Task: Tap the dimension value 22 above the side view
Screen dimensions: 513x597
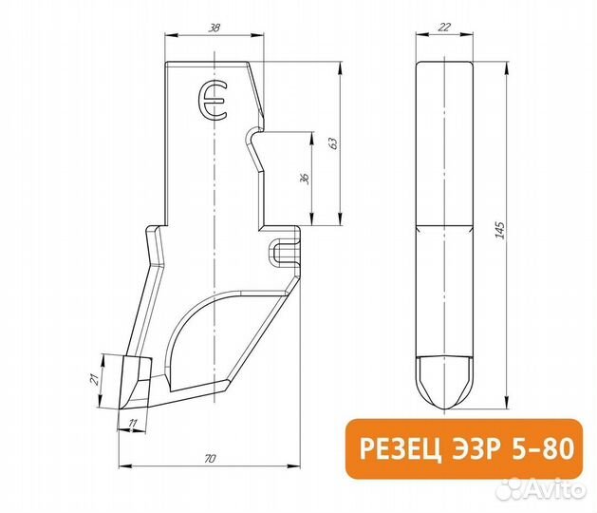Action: point(445,28)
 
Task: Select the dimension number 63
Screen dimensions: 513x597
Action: point(331,142)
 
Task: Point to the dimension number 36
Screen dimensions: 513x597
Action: point(304,180)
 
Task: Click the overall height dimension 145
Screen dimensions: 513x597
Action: point(499,231)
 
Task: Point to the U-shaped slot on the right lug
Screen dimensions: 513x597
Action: point(280,252)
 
